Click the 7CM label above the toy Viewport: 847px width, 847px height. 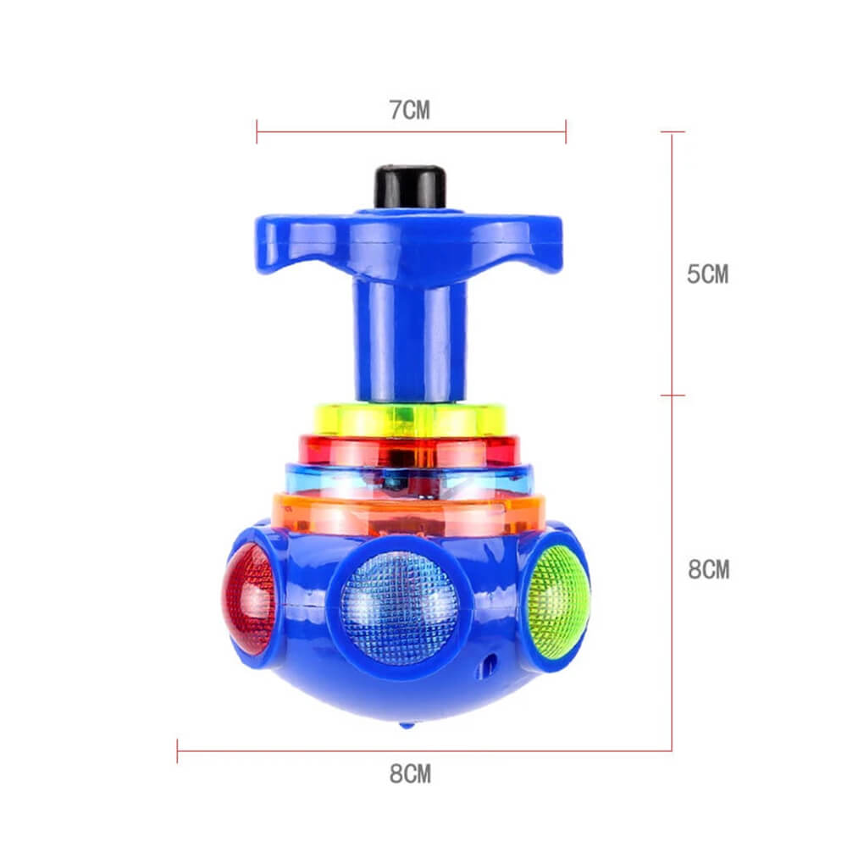coord(410,110)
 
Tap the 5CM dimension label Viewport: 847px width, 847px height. coord(707,274)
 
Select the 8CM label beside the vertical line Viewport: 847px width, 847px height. coord(708,569)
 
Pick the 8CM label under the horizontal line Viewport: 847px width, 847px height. coord(410,773)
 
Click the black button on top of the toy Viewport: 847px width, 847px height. coord(410,186)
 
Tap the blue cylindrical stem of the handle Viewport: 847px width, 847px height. coord(410,339)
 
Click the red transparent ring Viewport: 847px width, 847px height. coord(410,450)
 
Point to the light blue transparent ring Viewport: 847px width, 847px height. coord(410,479)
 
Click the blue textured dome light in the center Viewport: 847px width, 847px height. coord(399,606)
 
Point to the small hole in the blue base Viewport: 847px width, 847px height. coord(487,664)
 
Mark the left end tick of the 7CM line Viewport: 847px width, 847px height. coord(257,131)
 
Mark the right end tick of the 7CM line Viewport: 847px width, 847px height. coord(566,131)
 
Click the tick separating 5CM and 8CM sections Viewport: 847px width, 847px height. coord(673,395)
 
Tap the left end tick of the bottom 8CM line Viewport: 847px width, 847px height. coord(177,750)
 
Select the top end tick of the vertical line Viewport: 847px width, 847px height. coord(673,132)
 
